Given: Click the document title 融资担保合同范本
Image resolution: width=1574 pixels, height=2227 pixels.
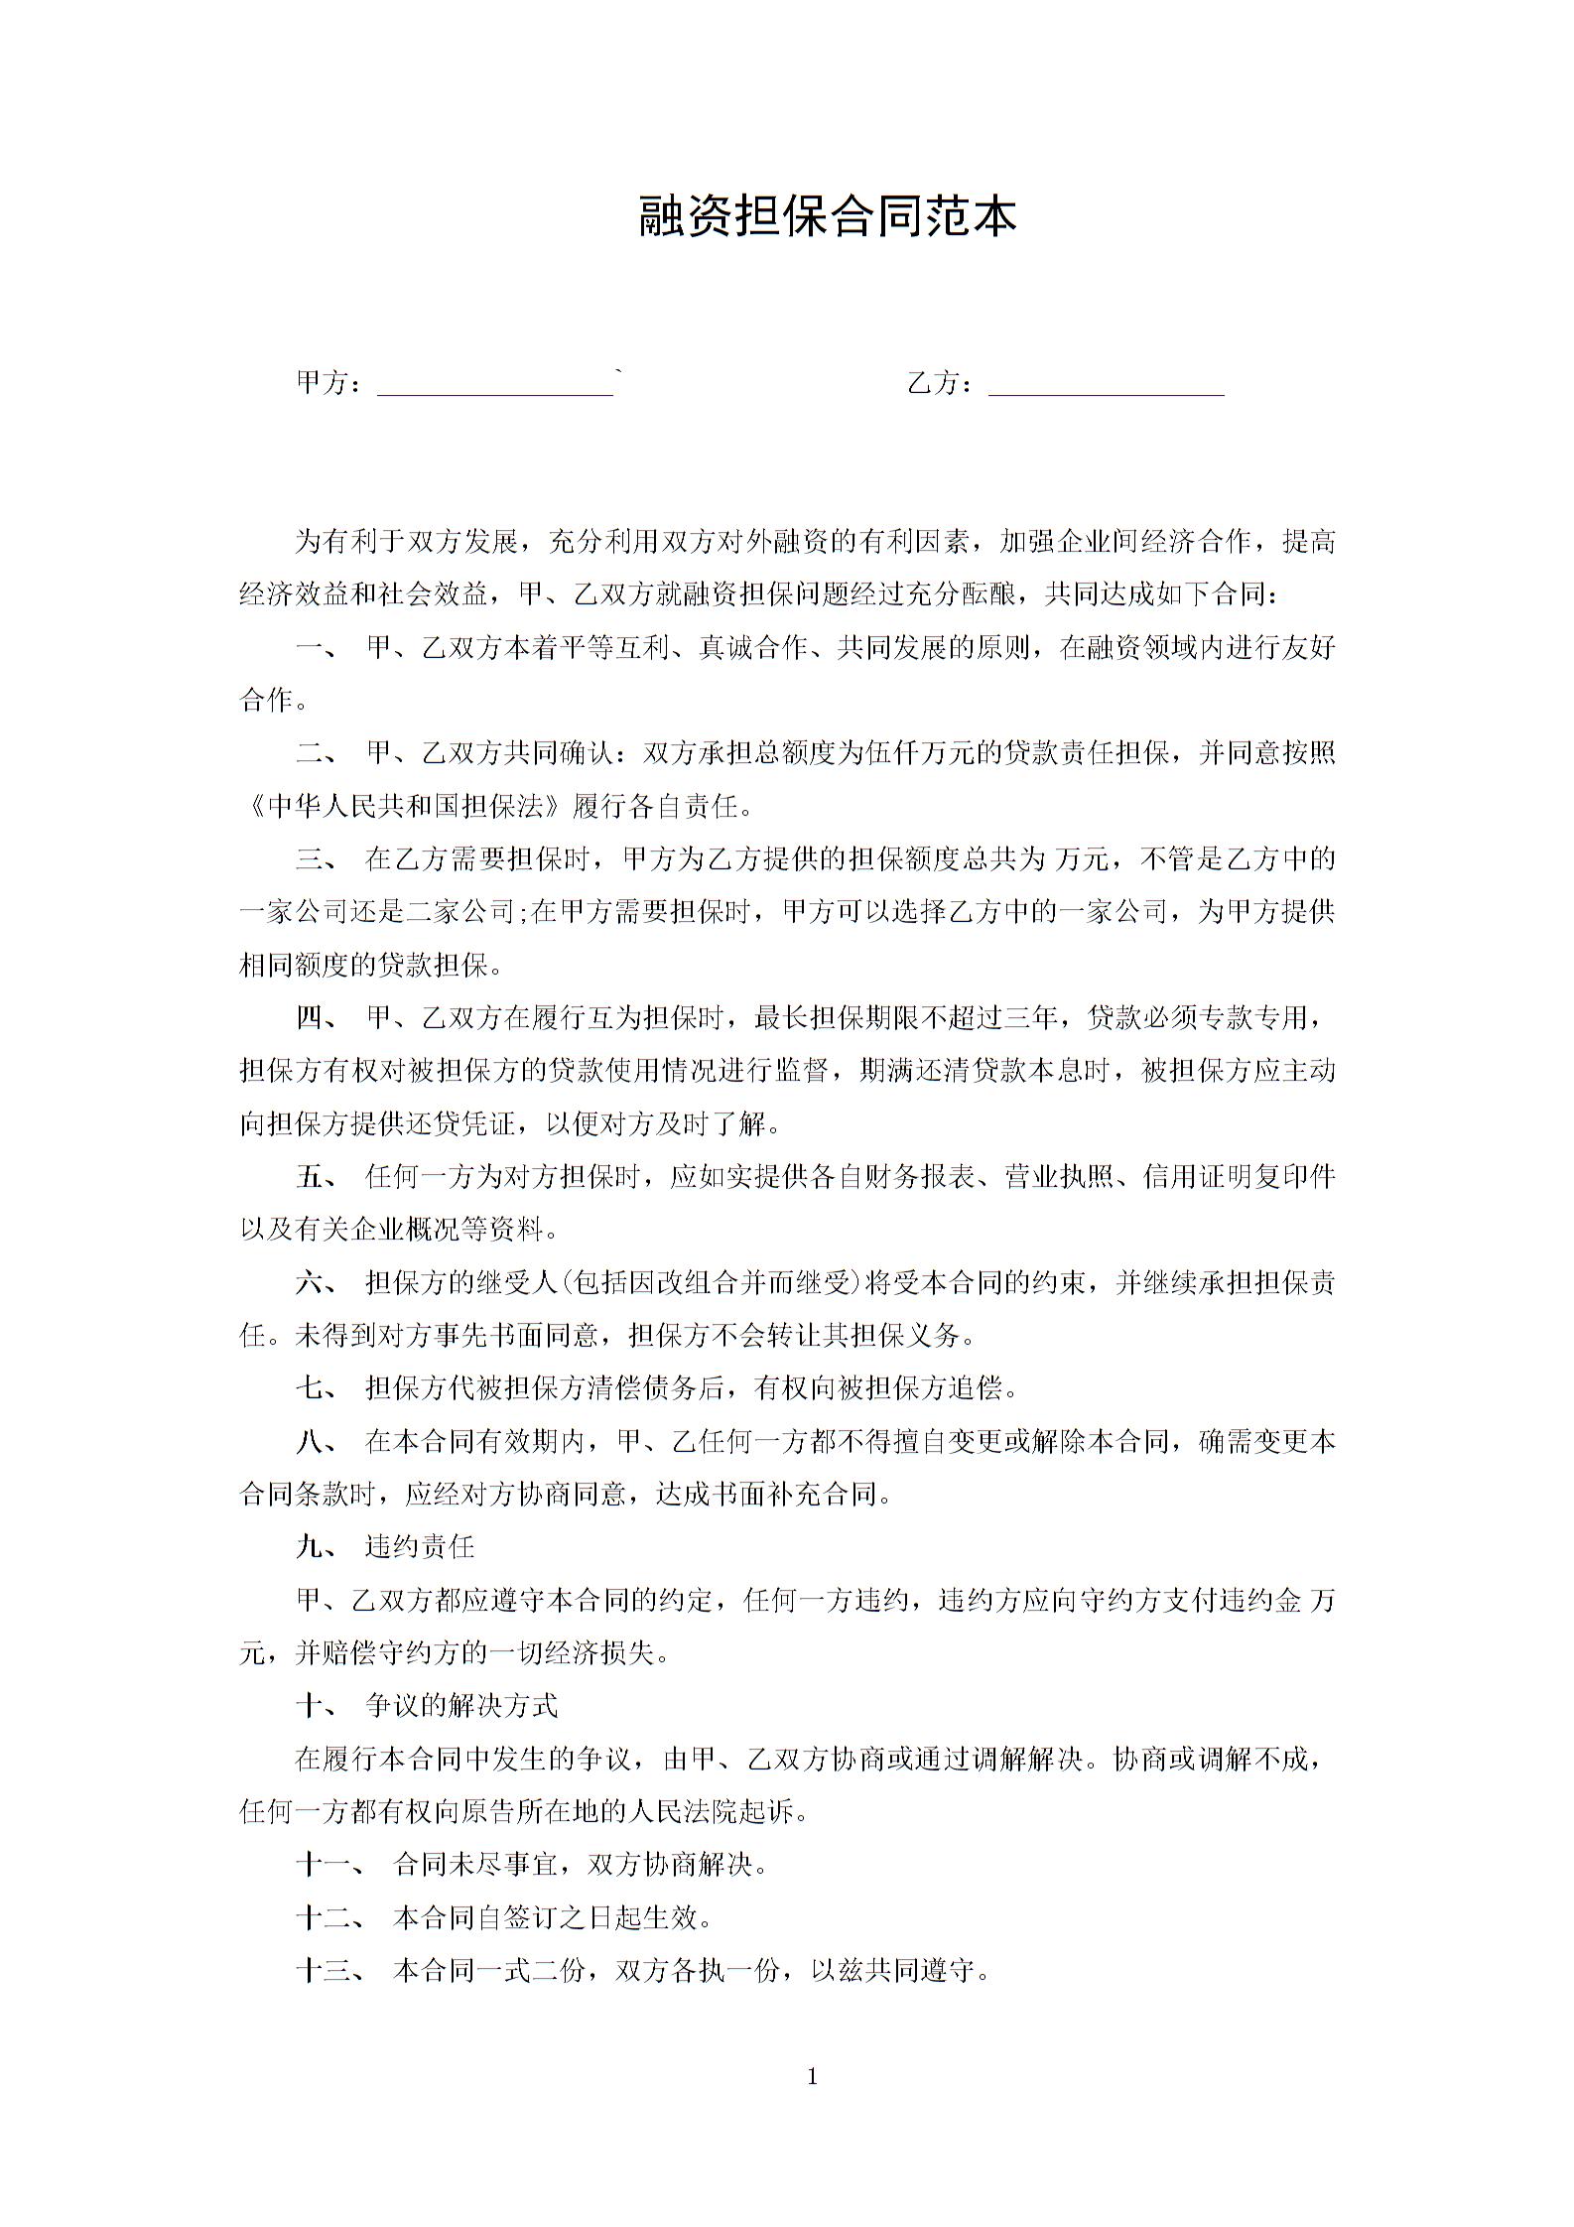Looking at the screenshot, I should point(827,216).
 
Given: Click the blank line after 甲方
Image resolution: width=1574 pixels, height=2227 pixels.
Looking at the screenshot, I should point(495,384).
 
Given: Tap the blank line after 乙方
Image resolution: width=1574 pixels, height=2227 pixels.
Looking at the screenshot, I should point(1106,384).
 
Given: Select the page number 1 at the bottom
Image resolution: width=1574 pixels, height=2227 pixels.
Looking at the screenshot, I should point(813,2077).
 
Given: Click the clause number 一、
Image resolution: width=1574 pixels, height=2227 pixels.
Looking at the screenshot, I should point(317,649).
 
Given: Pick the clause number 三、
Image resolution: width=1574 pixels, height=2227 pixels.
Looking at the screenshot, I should point(317,859).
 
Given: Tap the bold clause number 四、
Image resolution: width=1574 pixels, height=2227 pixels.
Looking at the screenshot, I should point(317,1018).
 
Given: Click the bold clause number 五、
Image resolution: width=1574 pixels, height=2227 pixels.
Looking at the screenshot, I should point(317,1177).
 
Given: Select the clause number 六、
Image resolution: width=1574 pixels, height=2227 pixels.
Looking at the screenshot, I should point(317,1283).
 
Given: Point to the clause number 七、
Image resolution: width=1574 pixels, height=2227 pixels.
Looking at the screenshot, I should point(317,1387).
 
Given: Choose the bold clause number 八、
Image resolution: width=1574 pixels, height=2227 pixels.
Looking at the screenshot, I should point(317,1441).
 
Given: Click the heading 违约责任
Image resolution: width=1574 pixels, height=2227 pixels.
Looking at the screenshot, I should point(420,1546).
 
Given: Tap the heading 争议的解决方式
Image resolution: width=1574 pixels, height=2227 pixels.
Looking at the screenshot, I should point(461,1705).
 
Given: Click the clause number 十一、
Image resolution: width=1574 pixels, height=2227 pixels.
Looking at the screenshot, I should point(330,1864).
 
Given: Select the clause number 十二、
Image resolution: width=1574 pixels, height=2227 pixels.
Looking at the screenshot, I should point(330,1917).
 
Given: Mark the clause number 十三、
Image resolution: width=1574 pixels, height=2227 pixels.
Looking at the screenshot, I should point(330,1970).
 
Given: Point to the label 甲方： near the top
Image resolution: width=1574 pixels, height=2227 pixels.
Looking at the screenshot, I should point(328,383).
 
